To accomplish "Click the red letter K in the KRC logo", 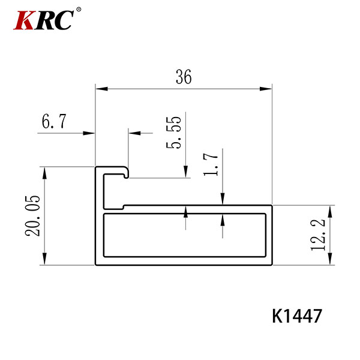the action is pos(24,20).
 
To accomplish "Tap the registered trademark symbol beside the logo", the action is pos(79,10).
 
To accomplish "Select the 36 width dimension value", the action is pos(184,77).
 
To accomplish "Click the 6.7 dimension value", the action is pos(54,121).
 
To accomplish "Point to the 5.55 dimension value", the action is pos(173,133).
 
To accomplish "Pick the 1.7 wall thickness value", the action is pos(211,164).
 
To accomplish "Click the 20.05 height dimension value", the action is pos(32,216).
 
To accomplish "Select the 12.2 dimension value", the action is pos(318,235).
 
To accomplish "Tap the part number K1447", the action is pos(297,316).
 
